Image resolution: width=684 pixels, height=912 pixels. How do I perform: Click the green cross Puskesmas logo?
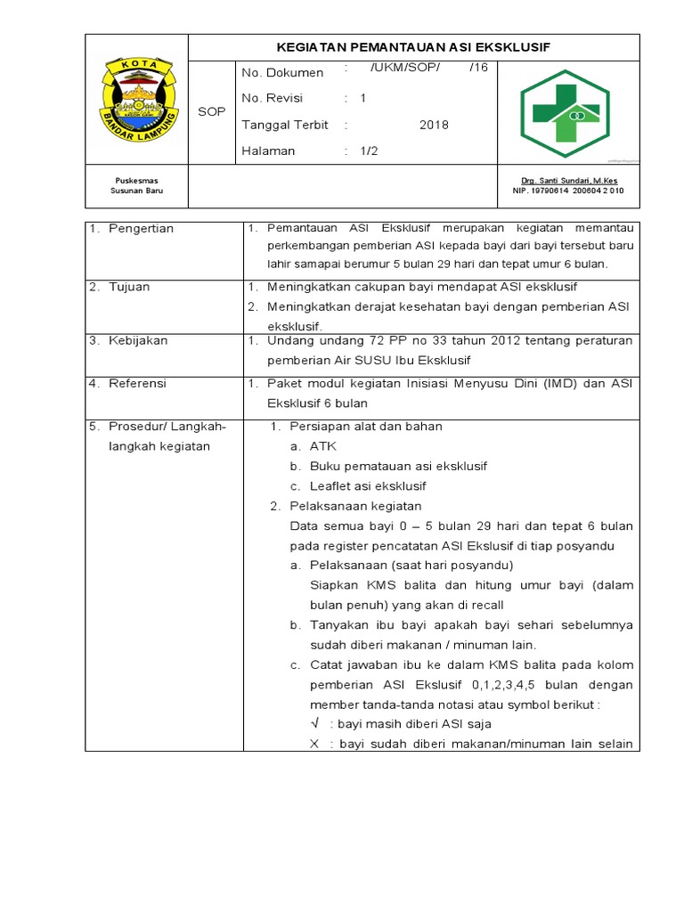(x=565, y=108)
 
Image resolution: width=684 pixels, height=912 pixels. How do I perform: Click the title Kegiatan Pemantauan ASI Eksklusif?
(x=414, y=47)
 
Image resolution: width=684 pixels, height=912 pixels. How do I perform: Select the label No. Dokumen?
(x=282, y=72)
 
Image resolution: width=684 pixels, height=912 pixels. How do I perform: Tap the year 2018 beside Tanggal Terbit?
(x=434, y=125)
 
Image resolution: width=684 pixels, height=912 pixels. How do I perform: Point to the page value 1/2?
(x=369, y=151)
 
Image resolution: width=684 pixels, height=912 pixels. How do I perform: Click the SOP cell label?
(x=211, y=111)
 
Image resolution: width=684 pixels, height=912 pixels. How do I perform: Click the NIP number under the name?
(x=568, y=191)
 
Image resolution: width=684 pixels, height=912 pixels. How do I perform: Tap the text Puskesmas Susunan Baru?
(x=135, y=185)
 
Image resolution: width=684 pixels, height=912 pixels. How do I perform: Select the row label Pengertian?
(x=141, y=229)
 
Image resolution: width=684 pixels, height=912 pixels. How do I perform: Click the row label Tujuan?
(x=129, y=287)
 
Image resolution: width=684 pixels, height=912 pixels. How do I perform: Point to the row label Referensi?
(x=137, y=383)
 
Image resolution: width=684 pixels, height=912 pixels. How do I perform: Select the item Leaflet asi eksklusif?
(x=368, y=486)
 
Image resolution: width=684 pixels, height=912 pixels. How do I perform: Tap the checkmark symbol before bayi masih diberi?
(x=314, y=724)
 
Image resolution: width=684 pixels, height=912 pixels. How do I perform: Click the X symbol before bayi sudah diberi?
(x=314, y=745)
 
